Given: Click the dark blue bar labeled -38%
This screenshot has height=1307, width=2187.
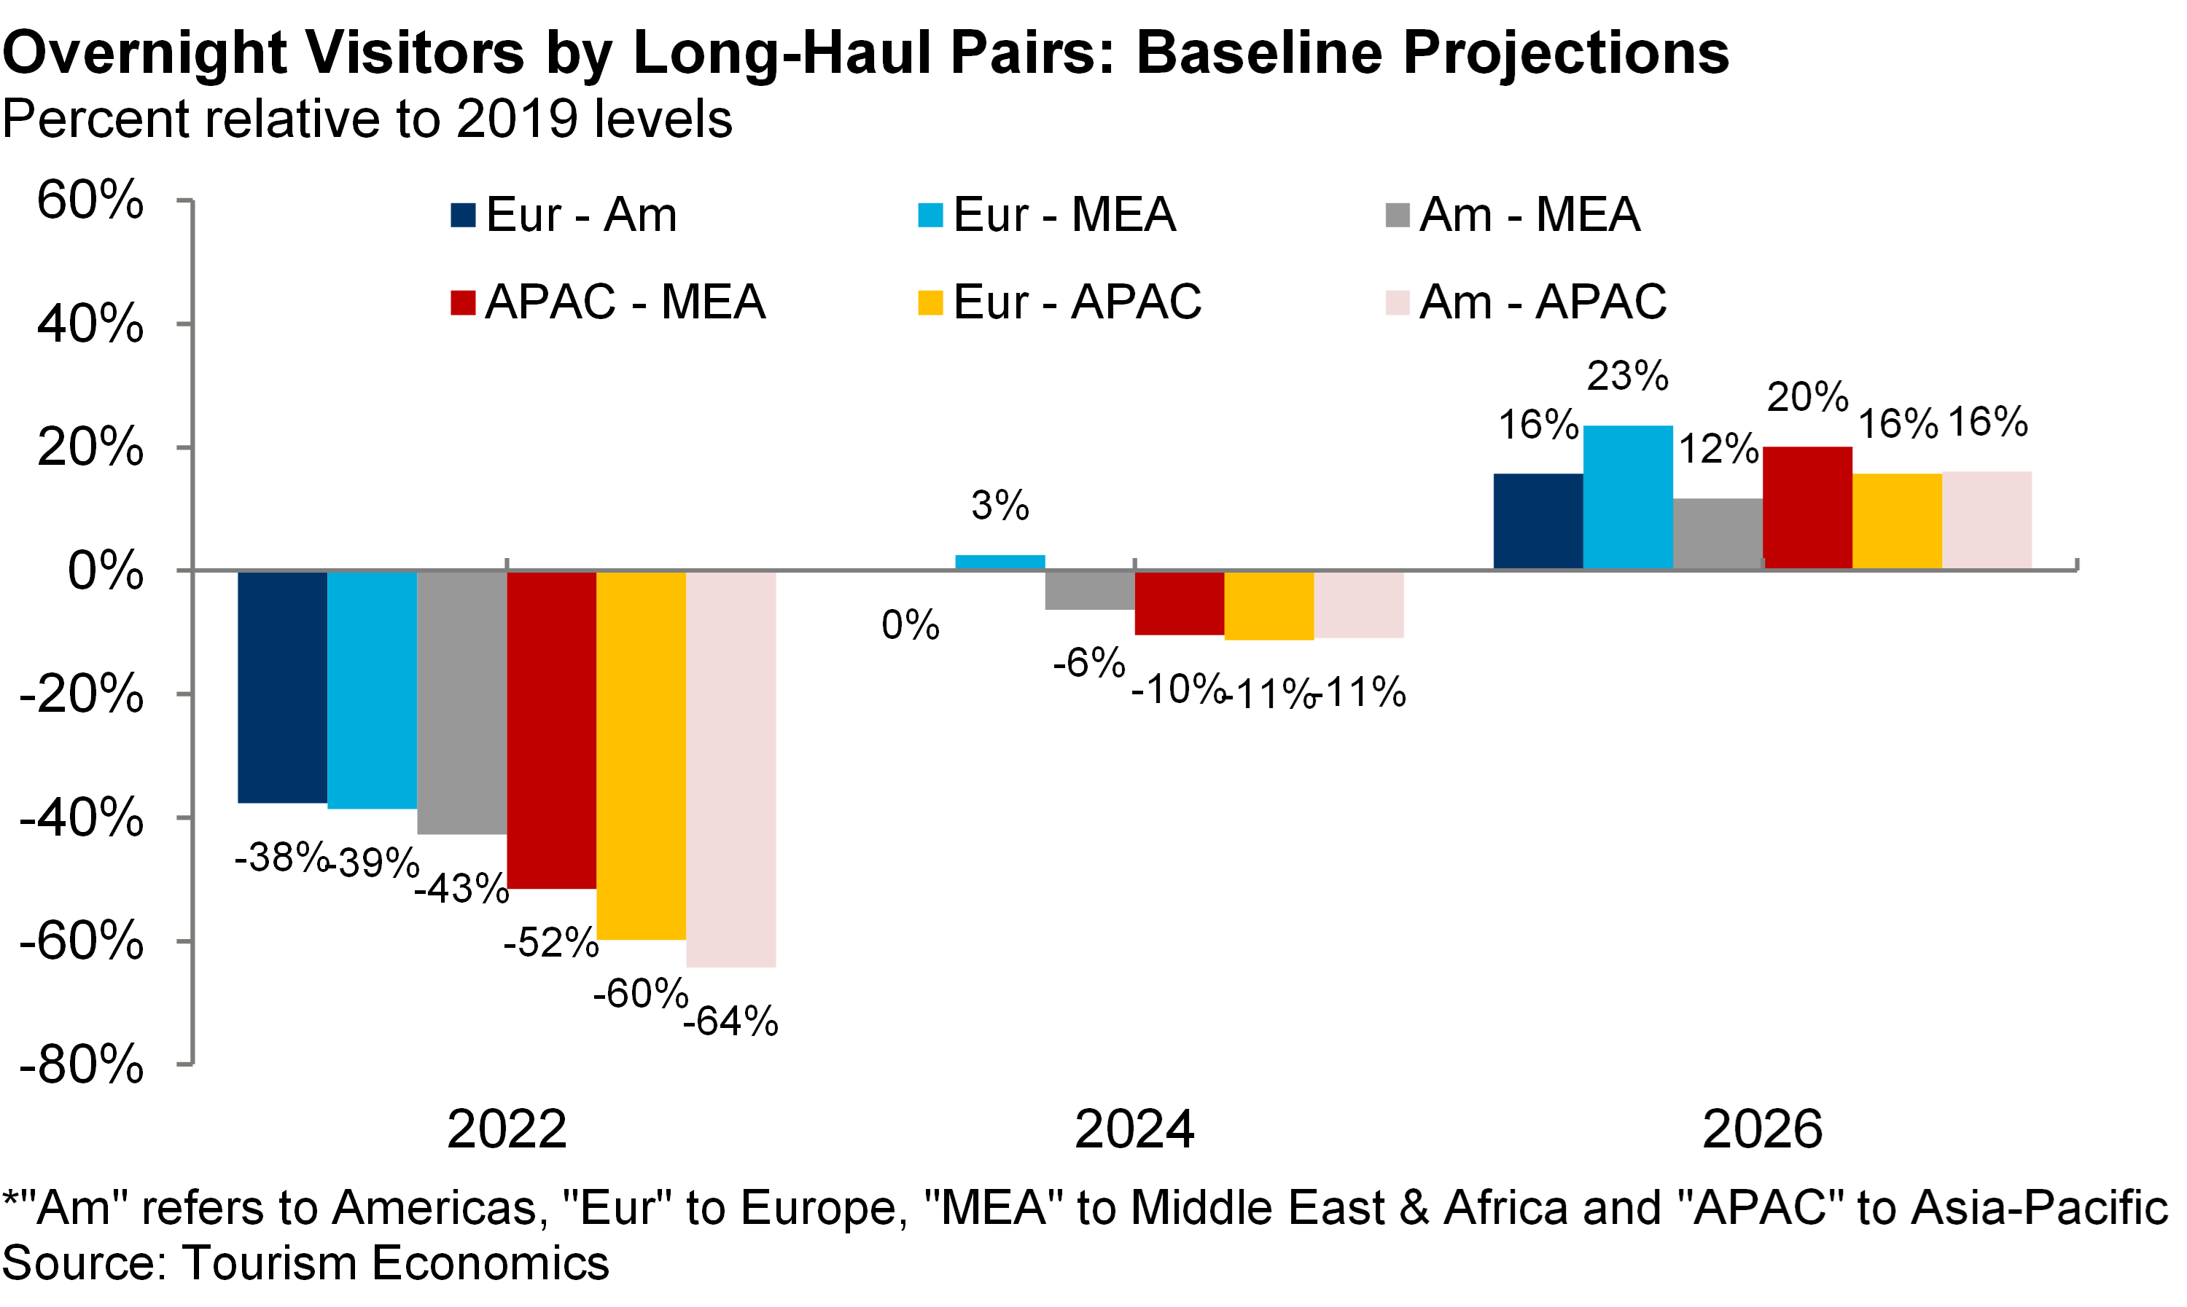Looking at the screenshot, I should click(282, 687).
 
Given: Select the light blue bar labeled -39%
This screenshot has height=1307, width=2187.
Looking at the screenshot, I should click(372, 690).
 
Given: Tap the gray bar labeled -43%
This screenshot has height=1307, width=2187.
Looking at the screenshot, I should click(461, 702).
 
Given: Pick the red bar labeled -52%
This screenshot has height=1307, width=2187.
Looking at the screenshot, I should click(552, 729).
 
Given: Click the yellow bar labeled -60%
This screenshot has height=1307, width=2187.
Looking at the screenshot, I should click(642, 755).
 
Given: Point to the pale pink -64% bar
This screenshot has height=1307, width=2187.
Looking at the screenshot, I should click(731, 769).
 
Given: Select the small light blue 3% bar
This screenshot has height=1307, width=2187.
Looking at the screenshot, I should click(1000, 562).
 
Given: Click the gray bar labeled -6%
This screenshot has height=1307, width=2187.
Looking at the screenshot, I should click(1090, 590).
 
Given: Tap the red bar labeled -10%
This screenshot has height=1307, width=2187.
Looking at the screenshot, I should click(1180, 603).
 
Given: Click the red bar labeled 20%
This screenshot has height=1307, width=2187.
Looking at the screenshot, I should click(1807, 509).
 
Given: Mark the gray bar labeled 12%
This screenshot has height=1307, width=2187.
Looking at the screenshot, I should click(1718, 534).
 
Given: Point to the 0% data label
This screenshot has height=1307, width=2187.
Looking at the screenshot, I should click(911, 625).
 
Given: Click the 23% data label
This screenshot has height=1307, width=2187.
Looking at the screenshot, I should click(1627, 376).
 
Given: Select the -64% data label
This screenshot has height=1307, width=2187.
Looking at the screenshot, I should click(730, 1021).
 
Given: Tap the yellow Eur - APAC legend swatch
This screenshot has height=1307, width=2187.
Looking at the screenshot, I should click(930, 303).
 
